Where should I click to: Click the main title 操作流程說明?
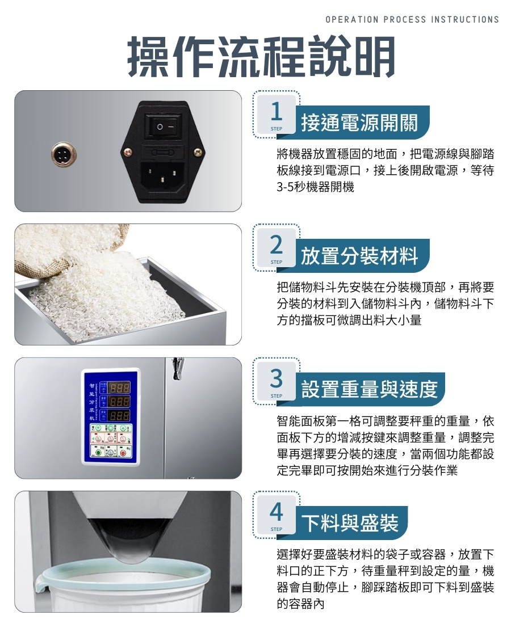[x=261, y=56]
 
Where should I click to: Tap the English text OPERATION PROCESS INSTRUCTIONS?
[x=412, y=19]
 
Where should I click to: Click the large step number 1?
[x=276, y=111]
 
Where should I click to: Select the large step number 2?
[x=276, y=244]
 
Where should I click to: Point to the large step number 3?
[x=276, y=378]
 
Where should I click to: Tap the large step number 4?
[x=276, y=511]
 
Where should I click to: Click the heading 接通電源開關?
[x=359, y=122]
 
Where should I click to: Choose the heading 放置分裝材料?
[x=359, y=255]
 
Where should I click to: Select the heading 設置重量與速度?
[x=369, y=389]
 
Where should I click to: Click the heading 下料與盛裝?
[x=350, y=522]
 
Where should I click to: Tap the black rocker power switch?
[x=164, y=126]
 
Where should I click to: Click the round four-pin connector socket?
[x=64, y=153]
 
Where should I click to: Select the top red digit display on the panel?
[x=119, y=387]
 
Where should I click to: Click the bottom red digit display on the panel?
[x=119, y=416]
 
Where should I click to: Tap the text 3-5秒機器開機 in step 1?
[x=316, y=186]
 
